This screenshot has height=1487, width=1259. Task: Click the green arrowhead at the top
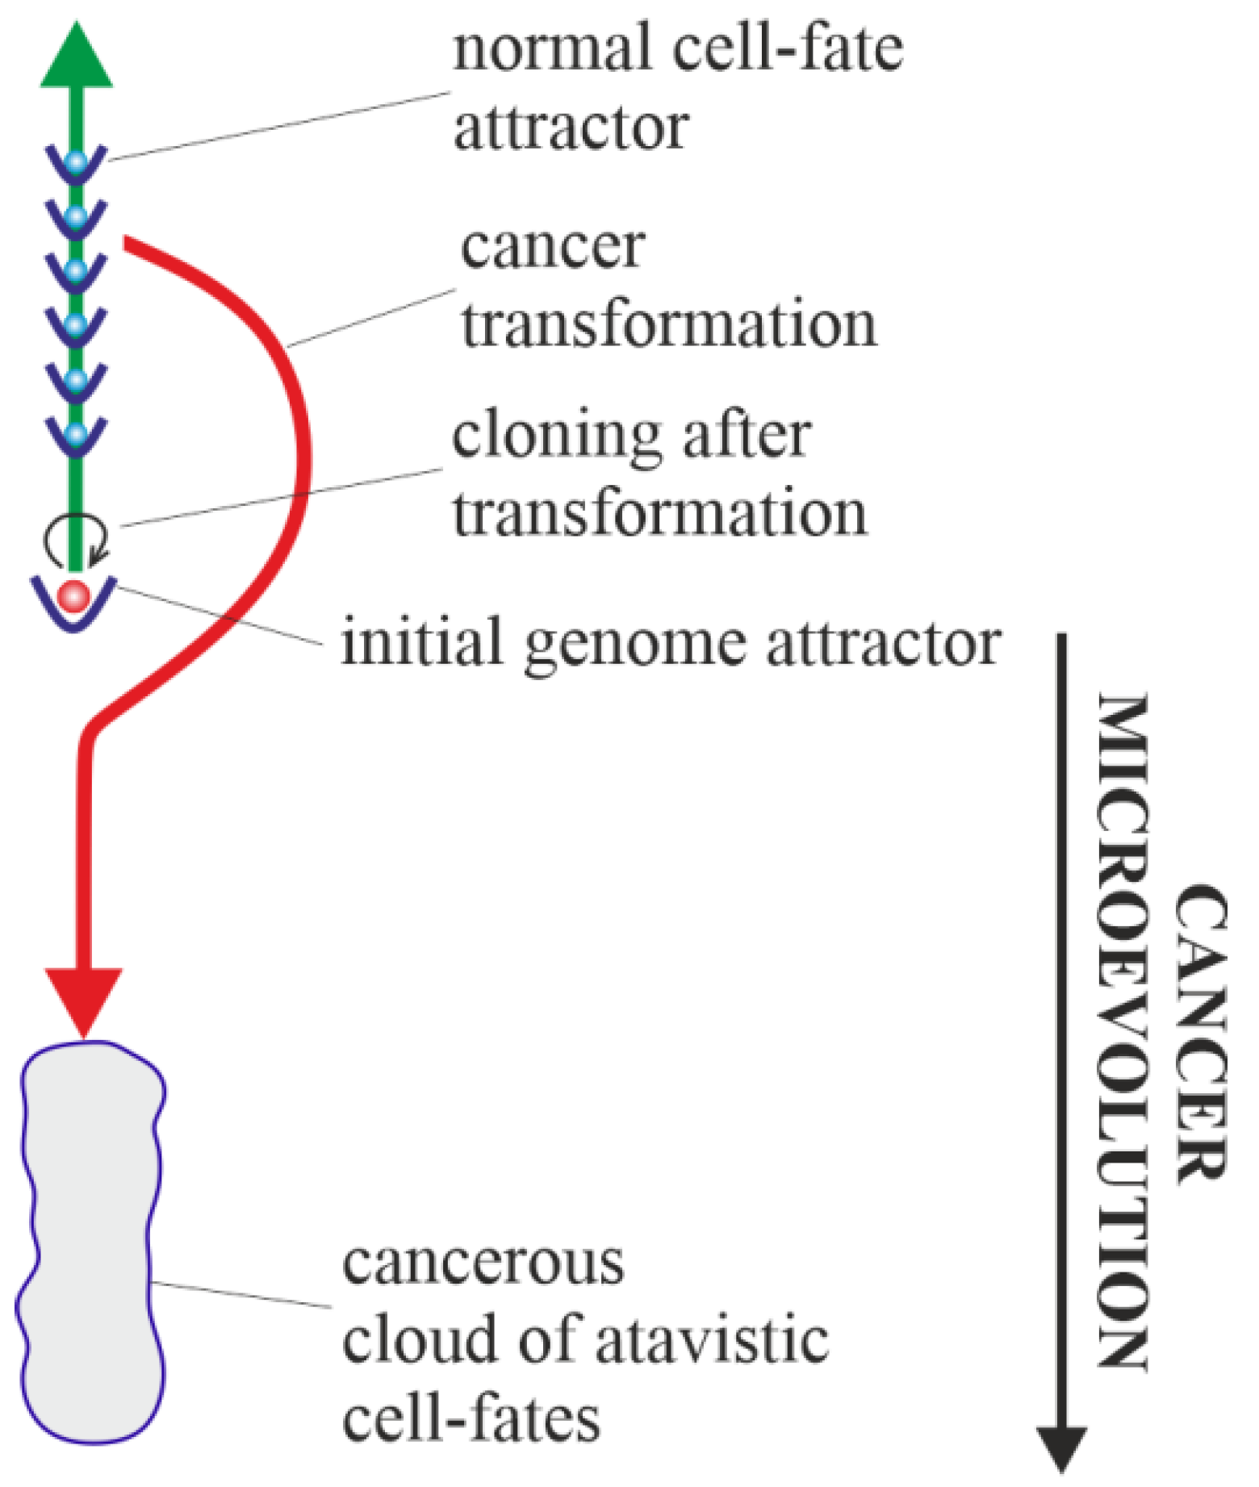point(77,58)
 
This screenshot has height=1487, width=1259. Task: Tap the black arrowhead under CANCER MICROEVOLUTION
point(1060,1449)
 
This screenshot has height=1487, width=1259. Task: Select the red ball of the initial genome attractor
point(74,596)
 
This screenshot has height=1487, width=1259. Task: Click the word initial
point(421,643)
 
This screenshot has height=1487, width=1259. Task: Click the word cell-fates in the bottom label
point(471,1420)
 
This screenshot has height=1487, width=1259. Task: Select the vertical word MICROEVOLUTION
point(1122,1033)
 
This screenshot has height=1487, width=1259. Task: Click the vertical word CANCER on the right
point(1200,1033)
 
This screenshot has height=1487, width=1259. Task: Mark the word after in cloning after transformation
point(747,436)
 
